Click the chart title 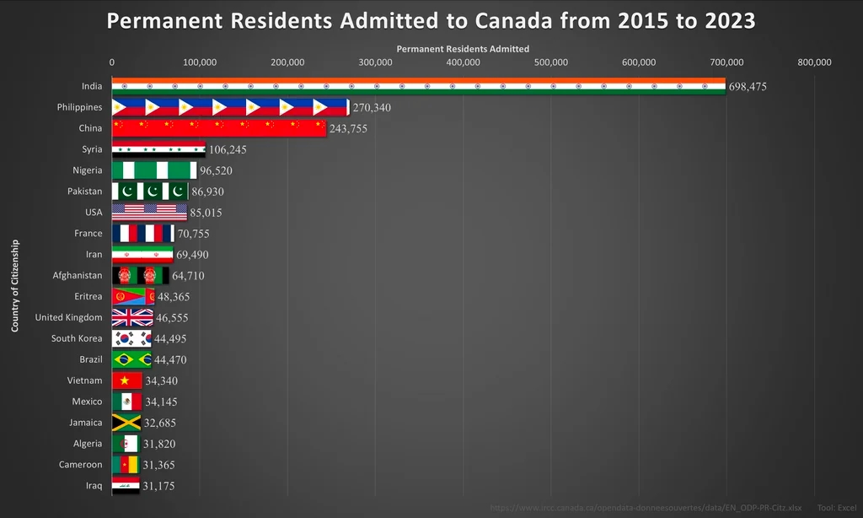(x=431, y=20)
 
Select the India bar (x=418, y=86)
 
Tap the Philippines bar (x=230, y=107)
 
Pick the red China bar (x=218, y=128)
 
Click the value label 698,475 (x=748, y=87)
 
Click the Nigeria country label (x=88, y=170)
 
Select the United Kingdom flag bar (x=132, y=317)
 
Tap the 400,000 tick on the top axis (x=463, y=62)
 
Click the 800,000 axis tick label (x=814, y=62)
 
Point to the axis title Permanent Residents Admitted (x=463, y=49)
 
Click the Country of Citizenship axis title (x=15, y=285)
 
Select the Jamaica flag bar (x=126, y=423)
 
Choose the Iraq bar (x=126, y=486)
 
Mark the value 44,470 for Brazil (x=170, y=360)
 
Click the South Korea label (x=77, y=338)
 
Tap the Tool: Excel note (x=837, y=508)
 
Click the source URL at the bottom (x=646, y=508)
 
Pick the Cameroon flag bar (x=126, y=465)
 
